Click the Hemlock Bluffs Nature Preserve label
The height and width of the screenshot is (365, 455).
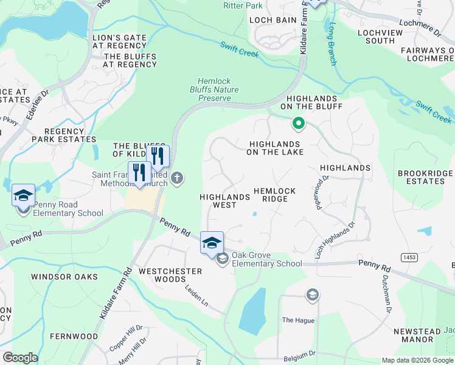[x=218, y=89]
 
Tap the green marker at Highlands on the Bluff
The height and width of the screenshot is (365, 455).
[x=298, y=124]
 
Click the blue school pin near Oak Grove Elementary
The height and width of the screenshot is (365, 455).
[x=212, y=242]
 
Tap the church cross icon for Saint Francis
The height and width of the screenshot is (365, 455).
[x=177, y=178]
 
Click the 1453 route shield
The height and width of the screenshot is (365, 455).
[x=409, y=258]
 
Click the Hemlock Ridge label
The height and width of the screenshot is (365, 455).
[x=274, y=195]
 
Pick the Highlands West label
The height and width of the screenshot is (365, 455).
[x=224, y=201]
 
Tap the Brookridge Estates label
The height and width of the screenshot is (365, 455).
[x=426, y=177]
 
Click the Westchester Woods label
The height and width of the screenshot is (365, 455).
[x=162, y=275]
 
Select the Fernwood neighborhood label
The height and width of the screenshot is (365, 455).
[x=74, y=336]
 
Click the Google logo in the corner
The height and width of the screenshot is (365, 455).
[x=20, y=358]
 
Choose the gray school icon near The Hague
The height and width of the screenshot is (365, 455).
[x=313, y=295]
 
